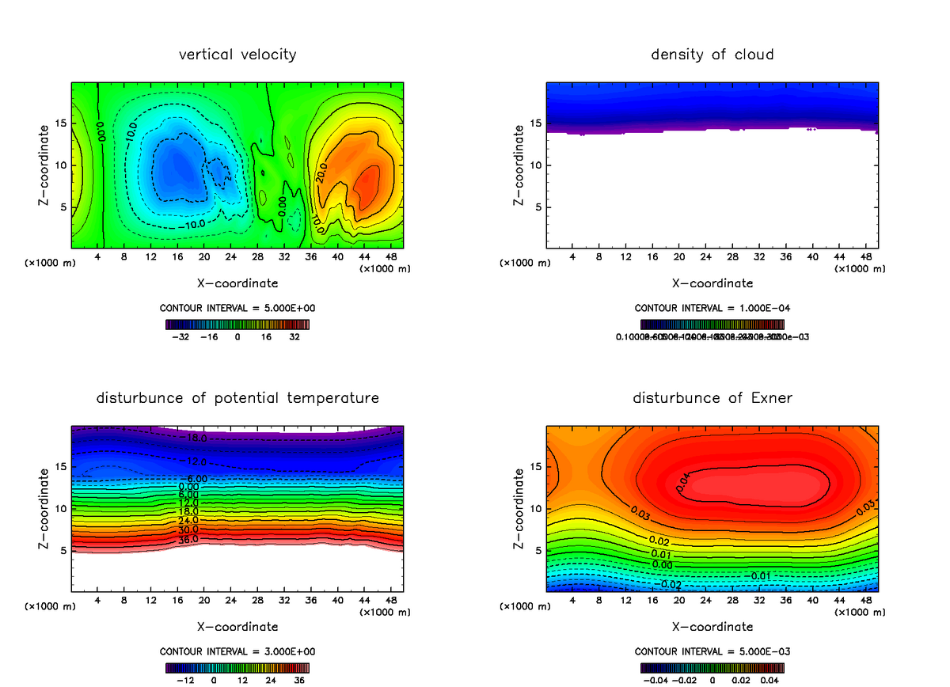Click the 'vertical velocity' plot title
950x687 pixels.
pyautogui.click(x=237, y=55)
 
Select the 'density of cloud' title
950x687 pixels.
pyautogui.click(x=712, y=55)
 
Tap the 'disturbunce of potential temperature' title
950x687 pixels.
pyautogui.click(x=237, y=398)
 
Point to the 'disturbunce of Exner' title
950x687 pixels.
pyautogui.click(x=712, y=398)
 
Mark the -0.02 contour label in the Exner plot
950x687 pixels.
pyautogui.click(x=671, y=584)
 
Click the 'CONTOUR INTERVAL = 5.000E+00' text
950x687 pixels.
pyautogui.click(x=237, y=307)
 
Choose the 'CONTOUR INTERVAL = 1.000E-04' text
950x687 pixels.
pyautogui.click(x=712, y=308)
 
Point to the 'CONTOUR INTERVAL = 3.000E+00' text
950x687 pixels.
pyautogui.click(x=237, y=651)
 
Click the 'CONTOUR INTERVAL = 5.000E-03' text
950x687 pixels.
pyautogui.click(x=712, y=651)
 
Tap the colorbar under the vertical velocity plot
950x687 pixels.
pyautogui.click(x=237, y=324)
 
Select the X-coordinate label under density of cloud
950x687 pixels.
pyautogui.click(x=712, y=283)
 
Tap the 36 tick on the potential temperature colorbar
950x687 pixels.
pyautogui.click(x=299, y=679)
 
